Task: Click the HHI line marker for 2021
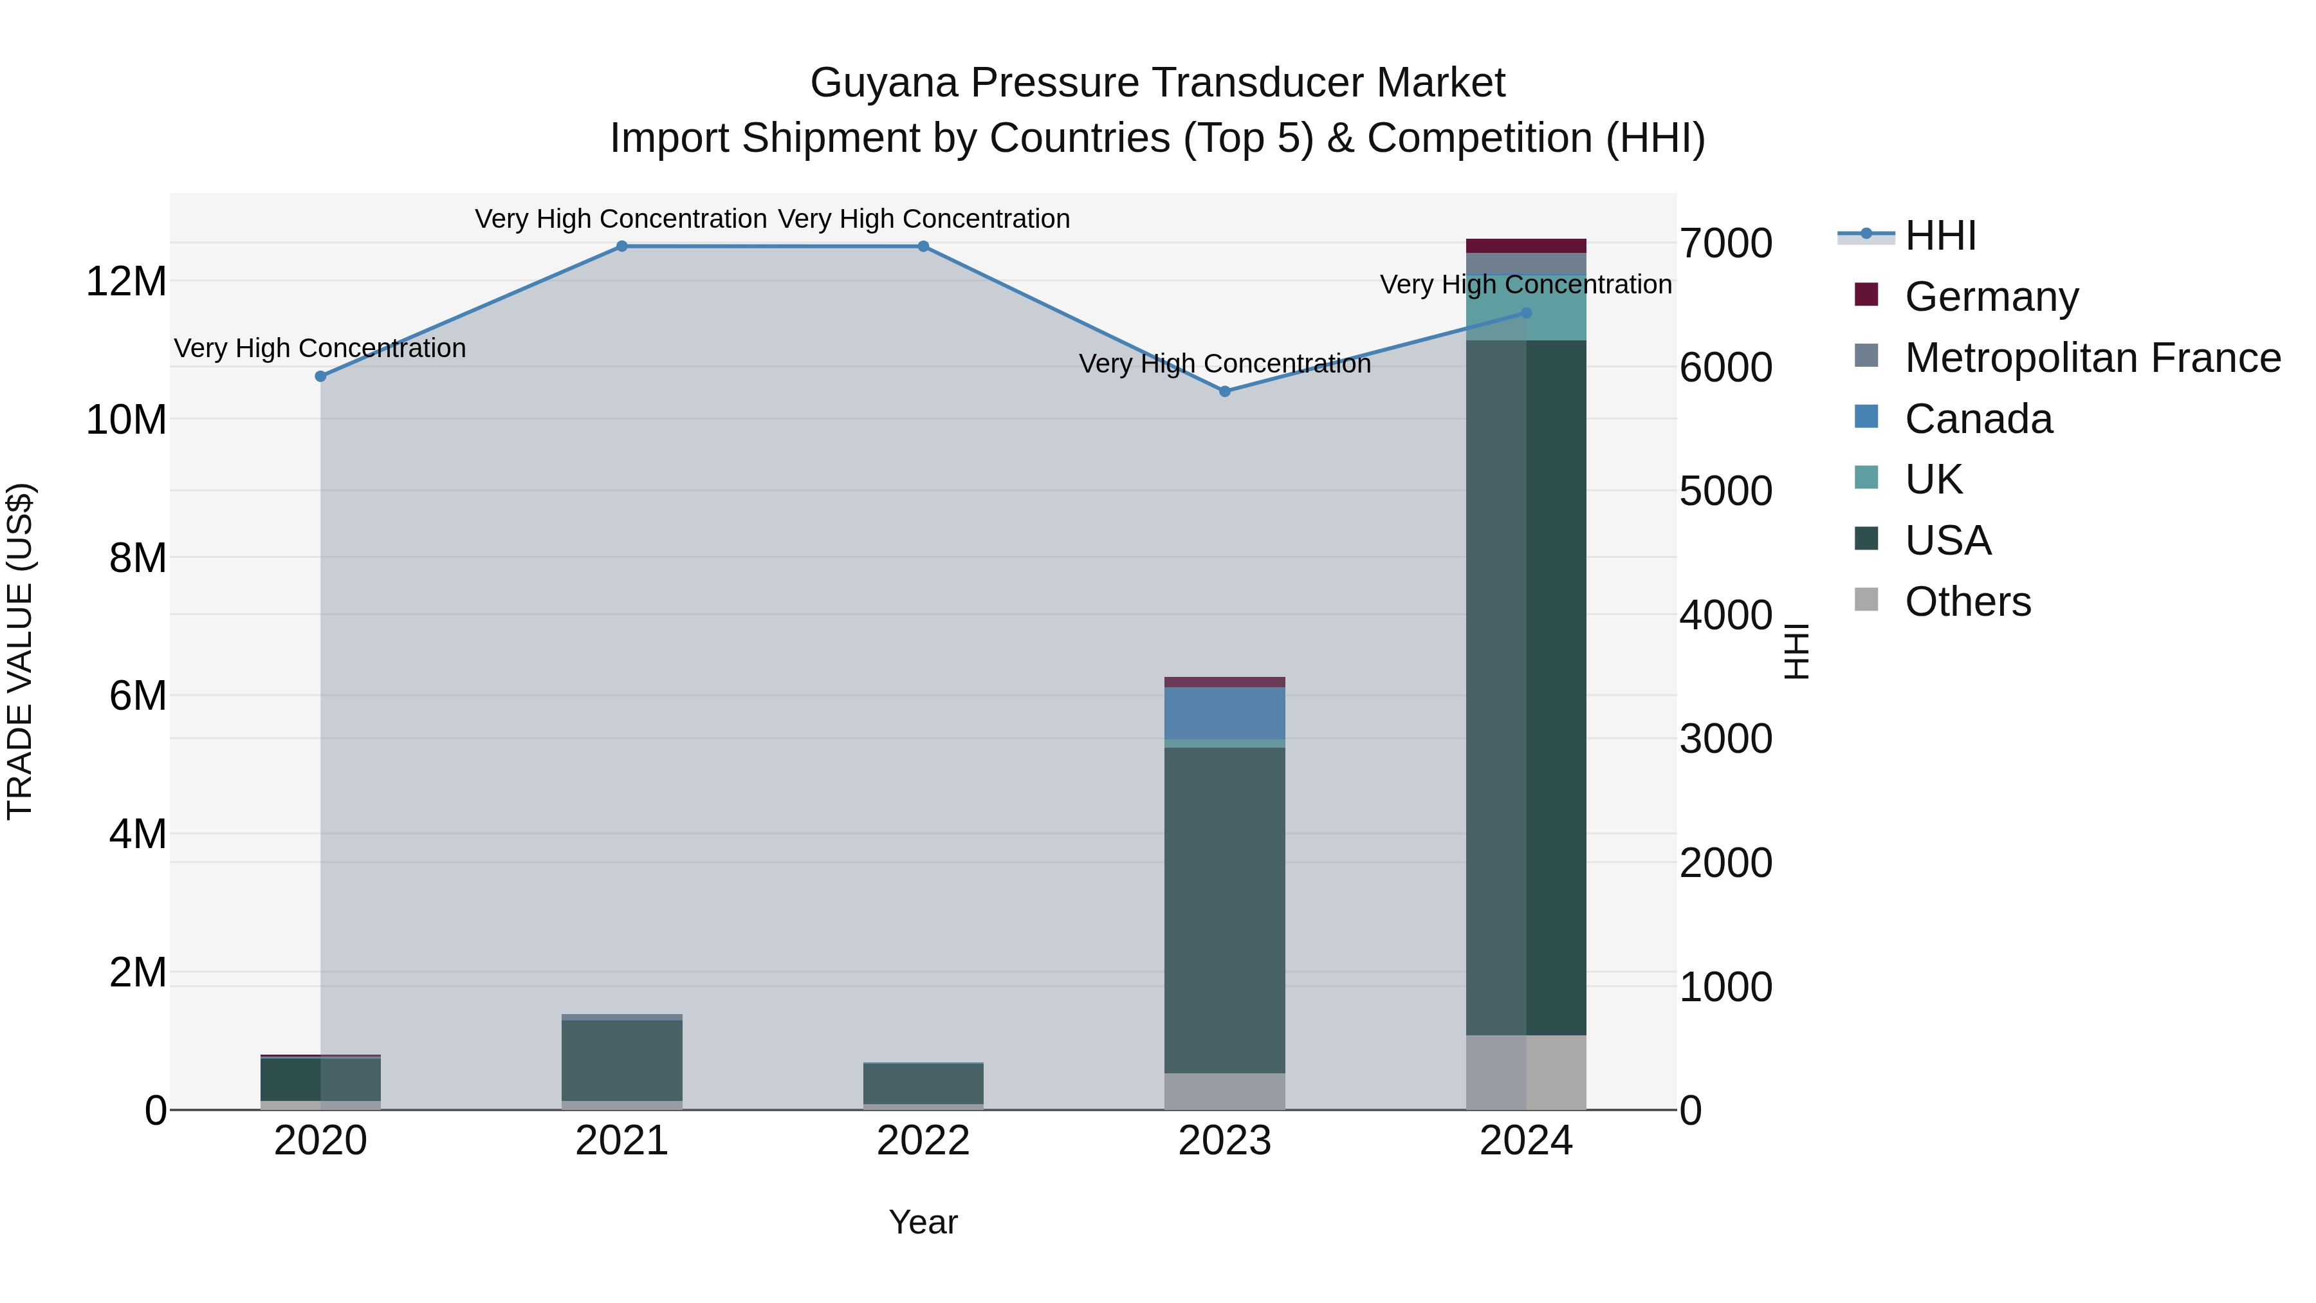(x=621, y=246)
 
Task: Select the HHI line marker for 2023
(x=1224, y=391)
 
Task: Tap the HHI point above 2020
(x=320, y=376)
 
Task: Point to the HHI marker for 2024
(x=1526, y=313)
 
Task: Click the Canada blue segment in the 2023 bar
(x=1224, y=713)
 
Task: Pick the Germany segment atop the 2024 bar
(x=1526, y=246)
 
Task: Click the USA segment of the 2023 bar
(x=1224, y=908)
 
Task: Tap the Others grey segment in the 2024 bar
(x=1526, y=1072)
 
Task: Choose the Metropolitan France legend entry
(x=2092, y=358)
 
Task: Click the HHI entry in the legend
(x=1940, y=236)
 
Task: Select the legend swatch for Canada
(x=1866, y=417)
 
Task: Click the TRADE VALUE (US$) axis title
(x=20, y=651)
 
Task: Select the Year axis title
(x=923, y=1222)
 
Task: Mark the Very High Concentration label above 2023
(x=1224, y=364)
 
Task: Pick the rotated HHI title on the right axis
(x=1796, y=651)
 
